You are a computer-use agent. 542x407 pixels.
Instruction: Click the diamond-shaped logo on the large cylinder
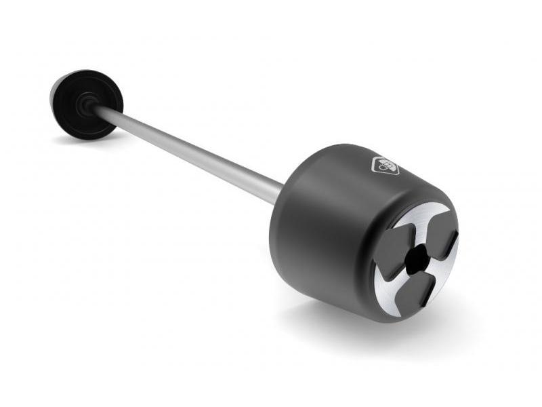tap(385, 166)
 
